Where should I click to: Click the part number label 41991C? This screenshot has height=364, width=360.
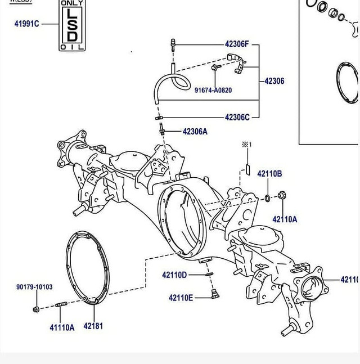tap(26, 24)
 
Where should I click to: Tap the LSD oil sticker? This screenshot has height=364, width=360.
tap(73, 25)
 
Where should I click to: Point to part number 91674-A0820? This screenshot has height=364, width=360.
tap(213, 90)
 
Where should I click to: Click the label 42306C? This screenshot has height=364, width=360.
tap(237, 118)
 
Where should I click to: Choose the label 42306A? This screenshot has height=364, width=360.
tap(195, 132)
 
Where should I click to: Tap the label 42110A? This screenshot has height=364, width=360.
tap(285, 219)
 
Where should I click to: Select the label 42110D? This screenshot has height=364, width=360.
tap(174, 275)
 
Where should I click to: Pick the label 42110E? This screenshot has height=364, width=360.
tap(181, 298)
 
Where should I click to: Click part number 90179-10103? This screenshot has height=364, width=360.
tap(34, 287)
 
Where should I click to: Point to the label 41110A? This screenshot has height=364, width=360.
tap(62, 327)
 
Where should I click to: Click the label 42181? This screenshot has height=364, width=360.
tap(93, 326)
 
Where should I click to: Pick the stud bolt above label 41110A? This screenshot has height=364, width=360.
tap(61, 306)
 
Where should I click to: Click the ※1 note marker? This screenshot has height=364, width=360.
tap(245, 145)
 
